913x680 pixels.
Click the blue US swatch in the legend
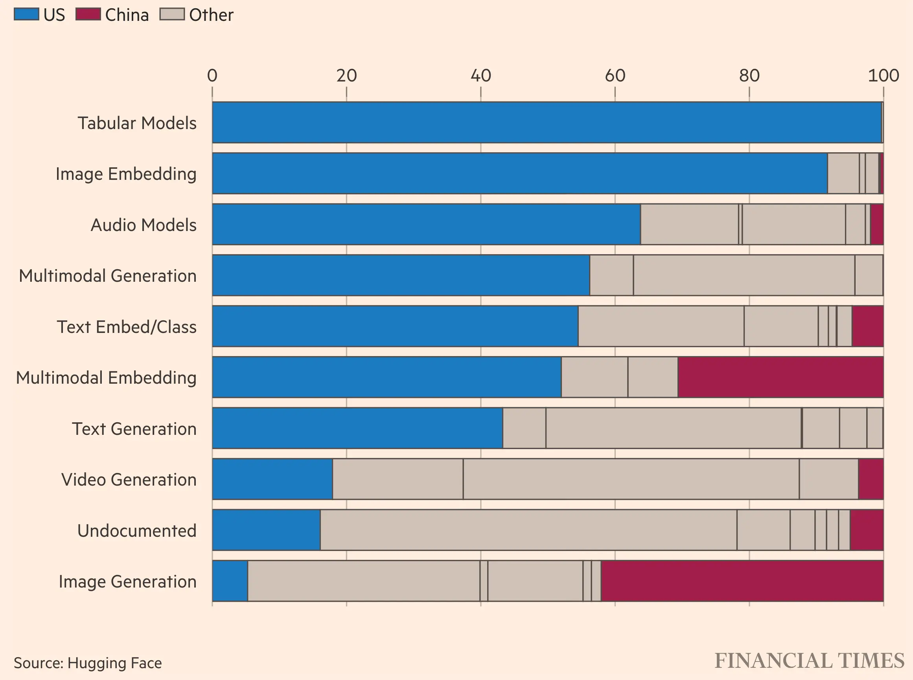pos(26,15)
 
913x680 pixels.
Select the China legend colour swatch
pos(88,15)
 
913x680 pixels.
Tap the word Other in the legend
pos(211,15)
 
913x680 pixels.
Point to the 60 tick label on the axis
pos(615,76)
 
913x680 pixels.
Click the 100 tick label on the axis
pos(884,76)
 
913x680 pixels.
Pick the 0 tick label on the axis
pos(212,76)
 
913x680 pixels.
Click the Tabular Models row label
pos(137,123)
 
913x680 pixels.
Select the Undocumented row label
pos(136,530)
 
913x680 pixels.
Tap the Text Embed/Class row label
pos(126,327)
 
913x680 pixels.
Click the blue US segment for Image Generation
pos(230,581)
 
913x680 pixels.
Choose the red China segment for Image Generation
pos(742,581)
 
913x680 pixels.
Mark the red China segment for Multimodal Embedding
pos(780,377)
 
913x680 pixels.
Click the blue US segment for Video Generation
pos(272,479)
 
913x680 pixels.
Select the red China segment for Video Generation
pos(871,479)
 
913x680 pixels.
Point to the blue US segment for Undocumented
pos(266,530)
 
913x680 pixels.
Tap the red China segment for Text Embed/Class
pos(867,326)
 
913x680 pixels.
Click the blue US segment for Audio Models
pos(426,224)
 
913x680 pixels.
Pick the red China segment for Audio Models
pos(877,224)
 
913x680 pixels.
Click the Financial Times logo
pos(809,661)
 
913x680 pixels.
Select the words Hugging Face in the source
pos(114,663)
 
